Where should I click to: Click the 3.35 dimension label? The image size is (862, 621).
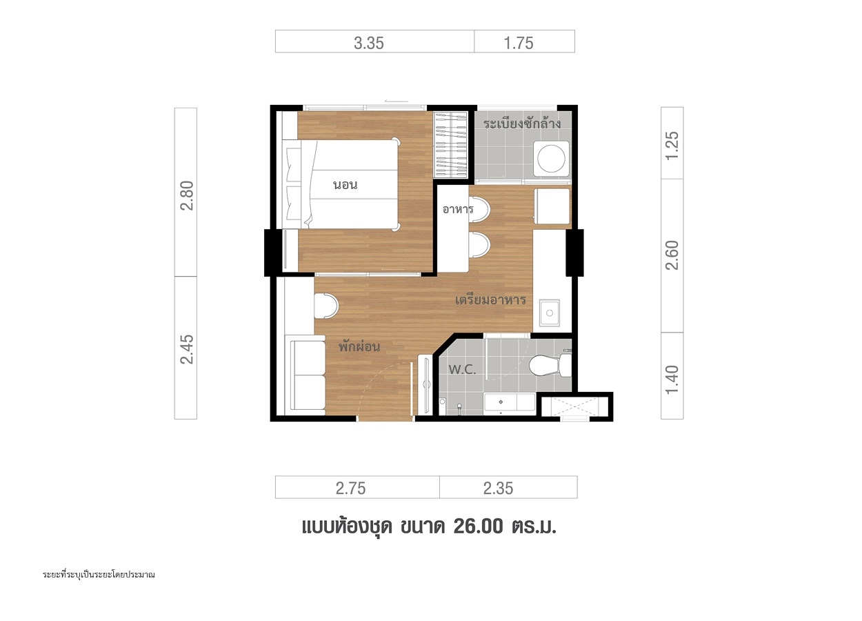(x=369, y=43)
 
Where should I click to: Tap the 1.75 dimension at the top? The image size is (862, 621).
(x=519, y=43)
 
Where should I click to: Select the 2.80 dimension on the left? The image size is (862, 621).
(x=187, y=195)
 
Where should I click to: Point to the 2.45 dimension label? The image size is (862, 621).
(x=187, y=349)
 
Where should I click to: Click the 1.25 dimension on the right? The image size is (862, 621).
(x=672, y=146)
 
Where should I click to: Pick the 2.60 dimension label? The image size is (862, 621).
(x=672, y=255)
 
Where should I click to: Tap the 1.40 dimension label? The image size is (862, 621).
(x=672, y=380)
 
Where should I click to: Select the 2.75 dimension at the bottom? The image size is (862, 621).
(x=350, y=489)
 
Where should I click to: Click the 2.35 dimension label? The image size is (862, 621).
(x=499, y=489)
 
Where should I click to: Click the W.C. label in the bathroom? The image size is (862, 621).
(x=462, y=370)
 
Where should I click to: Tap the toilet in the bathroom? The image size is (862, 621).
(x=550, y=366)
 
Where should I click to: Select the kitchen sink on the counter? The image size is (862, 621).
(x=549, y=313)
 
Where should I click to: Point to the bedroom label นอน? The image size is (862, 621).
(x=345, y=185)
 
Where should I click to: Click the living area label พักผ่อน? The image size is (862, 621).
(x=359, y=346)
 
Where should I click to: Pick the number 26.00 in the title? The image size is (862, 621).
(x=479, y=526)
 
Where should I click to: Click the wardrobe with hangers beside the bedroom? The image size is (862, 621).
(x=450, y=144)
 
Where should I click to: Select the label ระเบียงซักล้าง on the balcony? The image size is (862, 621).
(x=522, y=123)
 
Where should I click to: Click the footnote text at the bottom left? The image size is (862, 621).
(x=99, y=575)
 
